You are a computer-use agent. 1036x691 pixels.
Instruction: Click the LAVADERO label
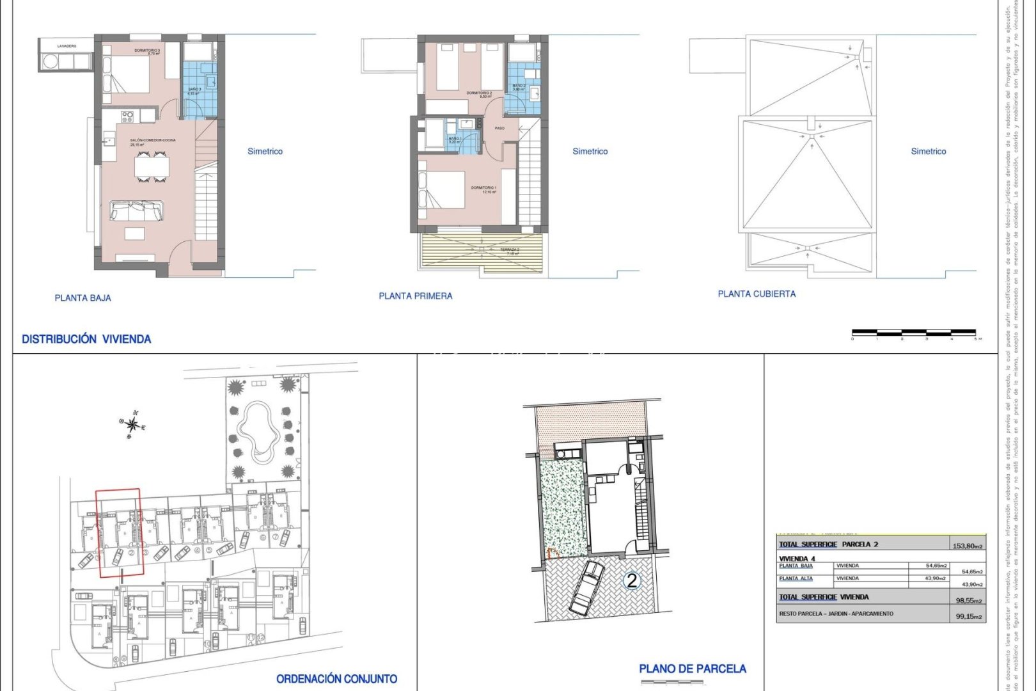[67, 46]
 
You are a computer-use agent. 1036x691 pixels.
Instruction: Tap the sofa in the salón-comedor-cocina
[136, 210]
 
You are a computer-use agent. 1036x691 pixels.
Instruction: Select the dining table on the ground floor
[152, 167]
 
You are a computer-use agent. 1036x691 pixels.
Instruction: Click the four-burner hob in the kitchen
[127, 116]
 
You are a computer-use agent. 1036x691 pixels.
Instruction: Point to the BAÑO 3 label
[194, 91]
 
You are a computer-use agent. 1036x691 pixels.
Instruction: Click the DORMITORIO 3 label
[147, 51]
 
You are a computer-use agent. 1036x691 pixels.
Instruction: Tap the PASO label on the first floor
[499, 128]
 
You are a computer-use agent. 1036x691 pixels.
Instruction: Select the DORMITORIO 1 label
[483, 188]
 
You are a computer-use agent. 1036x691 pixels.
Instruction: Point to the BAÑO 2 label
[519, 86]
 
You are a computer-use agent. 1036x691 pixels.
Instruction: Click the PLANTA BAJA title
[82, 298]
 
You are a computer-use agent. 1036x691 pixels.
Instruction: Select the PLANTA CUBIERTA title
[757, 294]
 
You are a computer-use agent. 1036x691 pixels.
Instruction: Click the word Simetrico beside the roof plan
[928, 151]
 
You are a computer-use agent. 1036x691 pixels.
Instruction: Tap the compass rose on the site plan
[132, 424]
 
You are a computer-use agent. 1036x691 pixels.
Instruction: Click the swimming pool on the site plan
[258, 429]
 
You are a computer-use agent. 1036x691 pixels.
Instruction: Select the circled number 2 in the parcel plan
[632, 581]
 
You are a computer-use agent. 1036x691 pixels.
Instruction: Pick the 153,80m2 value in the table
[967, 546]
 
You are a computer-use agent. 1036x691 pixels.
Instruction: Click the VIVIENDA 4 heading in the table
[797, 559]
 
